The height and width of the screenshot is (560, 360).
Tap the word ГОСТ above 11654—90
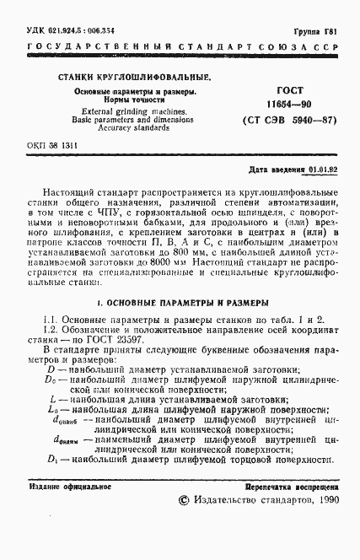click(x=289, y=89)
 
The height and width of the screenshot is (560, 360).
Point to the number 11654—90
click(x=289, y=104)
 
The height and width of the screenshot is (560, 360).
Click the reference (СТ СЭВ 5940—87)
click(x=289, y=120)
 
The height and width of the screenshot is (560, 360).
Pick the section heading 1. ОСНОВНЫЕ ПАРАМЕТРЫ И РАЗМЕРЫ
click(x=181, y=301)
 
